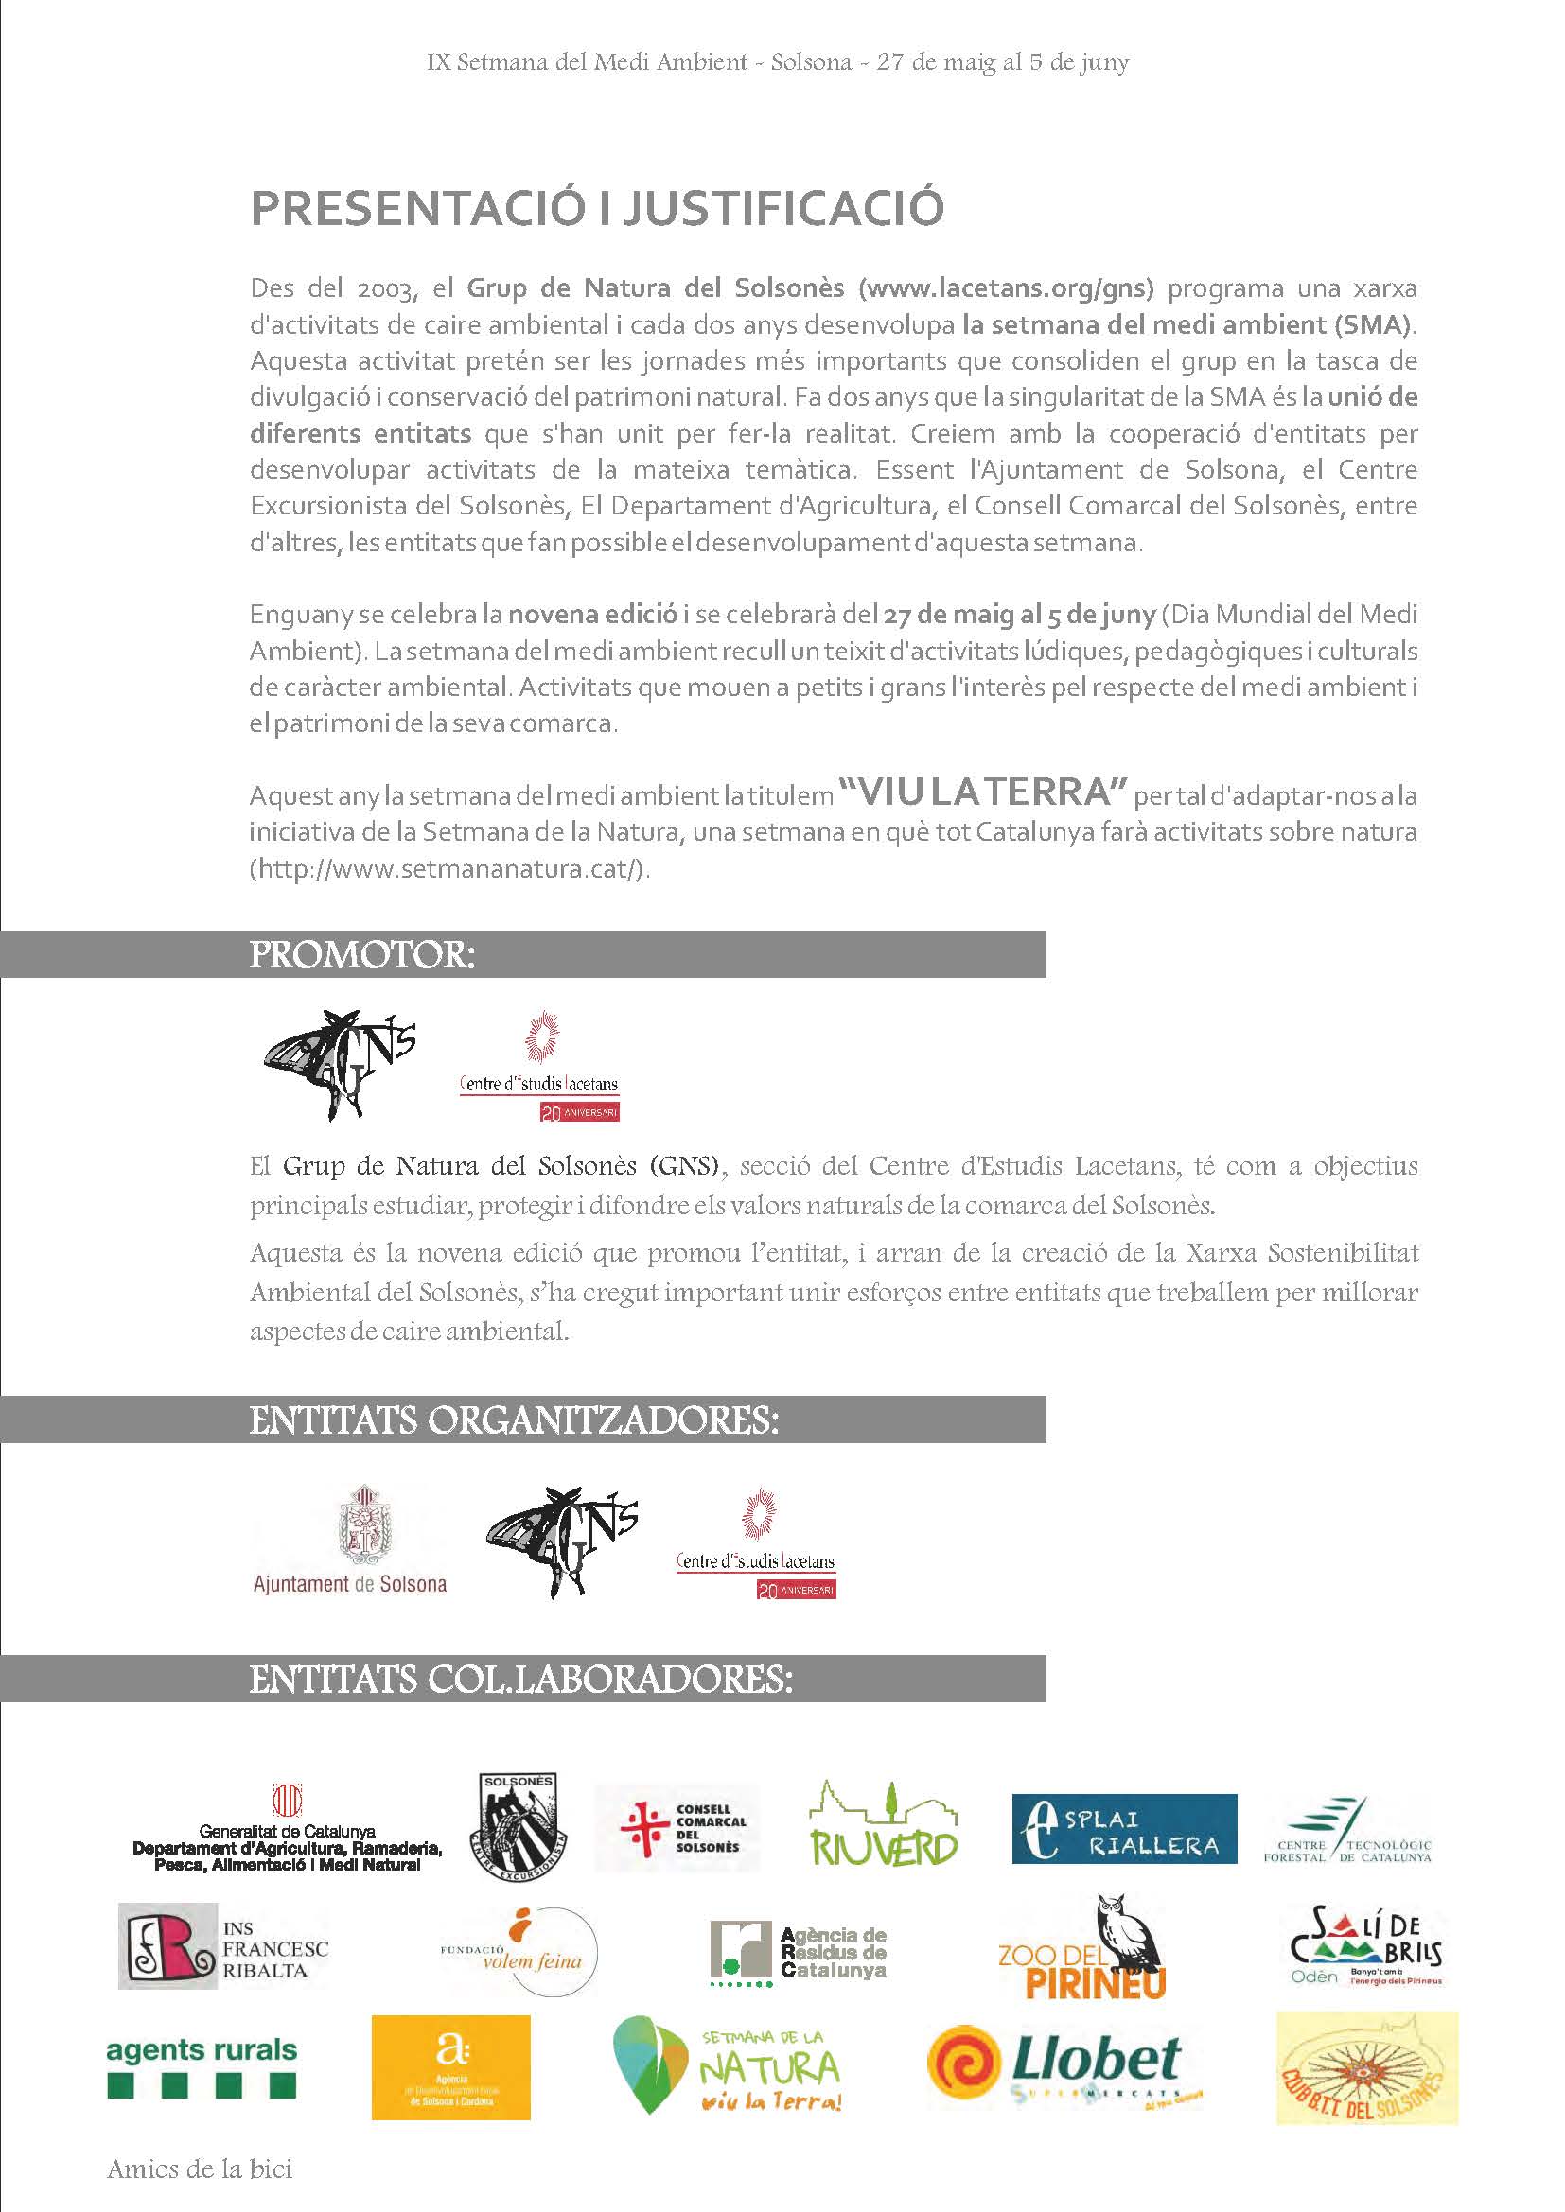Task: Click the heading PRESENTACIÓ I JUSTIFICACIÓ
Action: (596, 208)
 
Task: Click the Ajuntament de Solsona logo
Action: (350, 1541)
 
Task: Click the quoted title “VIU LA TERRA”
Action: (983, 792)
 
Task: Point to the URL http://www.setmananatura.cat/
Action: (448, 869)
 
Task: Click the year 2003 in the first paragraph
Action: (387, 289)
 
